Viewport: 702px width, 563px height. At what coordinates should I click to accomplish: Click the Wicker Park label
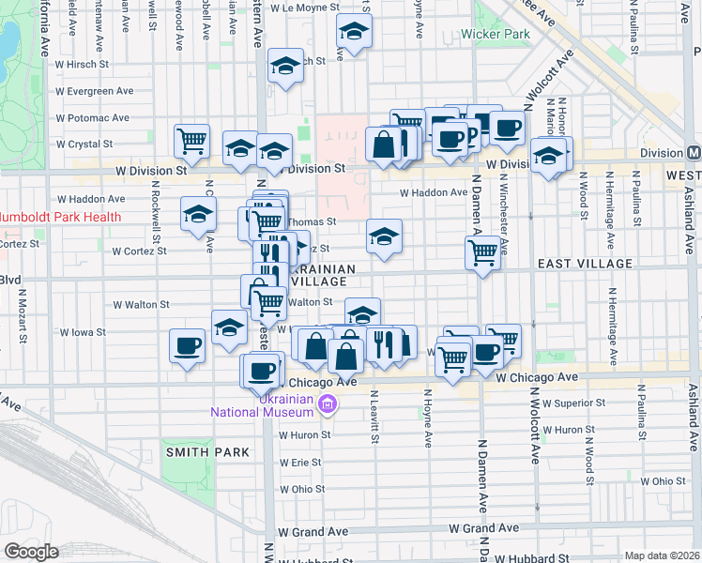coord(496,35)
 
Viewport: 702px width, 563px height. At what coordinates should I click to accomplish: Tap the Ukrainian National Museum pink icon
coord(328,405)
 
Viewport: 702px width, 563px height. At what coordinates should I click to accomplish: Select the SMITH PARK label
coord(208,451)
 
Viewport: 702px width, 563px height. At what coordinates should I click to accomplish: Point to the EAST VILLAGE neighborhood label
coord(585,265)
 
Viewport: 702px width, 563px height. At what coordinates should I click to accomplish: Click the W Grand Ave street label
coord(483,530)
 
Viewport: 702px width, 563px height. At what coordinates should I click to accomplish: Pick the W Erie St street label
coord(301,464)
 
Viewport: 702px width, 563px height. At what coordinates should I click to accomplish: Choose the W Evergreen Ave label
coord(96,91)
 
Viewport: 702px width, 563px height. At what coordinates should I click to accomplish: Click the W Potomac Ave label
coord(92,118)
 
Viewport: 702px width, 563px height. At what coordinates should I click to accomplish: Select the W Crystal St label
coord(84,145)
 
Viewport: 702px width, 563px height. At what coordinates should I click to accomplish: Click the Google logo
coord(32,552)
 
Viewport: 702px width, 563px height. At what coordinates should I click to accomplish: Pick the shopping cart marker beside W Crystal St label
coord(192,140)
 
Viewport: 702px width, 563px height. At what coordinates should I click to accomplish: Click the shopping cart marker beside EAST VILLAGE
coord(482,251)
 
